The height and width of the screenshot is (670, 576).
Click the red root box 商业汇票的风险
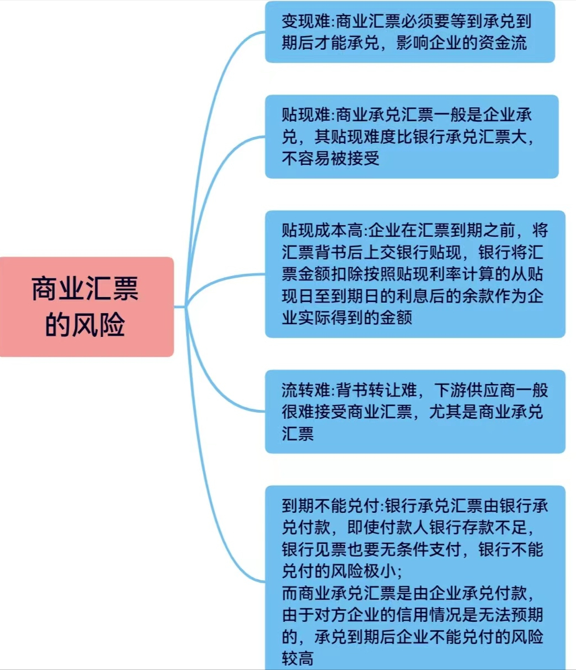tap(86, 307)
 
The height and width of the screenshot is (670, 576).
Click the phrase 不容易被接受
tap(330, 158)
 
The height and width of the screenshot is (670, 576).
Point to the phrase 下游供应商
tap(475, 390)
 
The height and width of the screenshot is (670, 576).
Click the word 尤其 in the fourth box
tap(445, 412)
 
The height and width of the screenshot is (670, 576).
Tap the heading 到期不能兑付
tap(330, 506)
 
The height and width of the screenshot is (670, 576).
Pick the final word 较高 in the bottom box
tap(298, 658)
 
